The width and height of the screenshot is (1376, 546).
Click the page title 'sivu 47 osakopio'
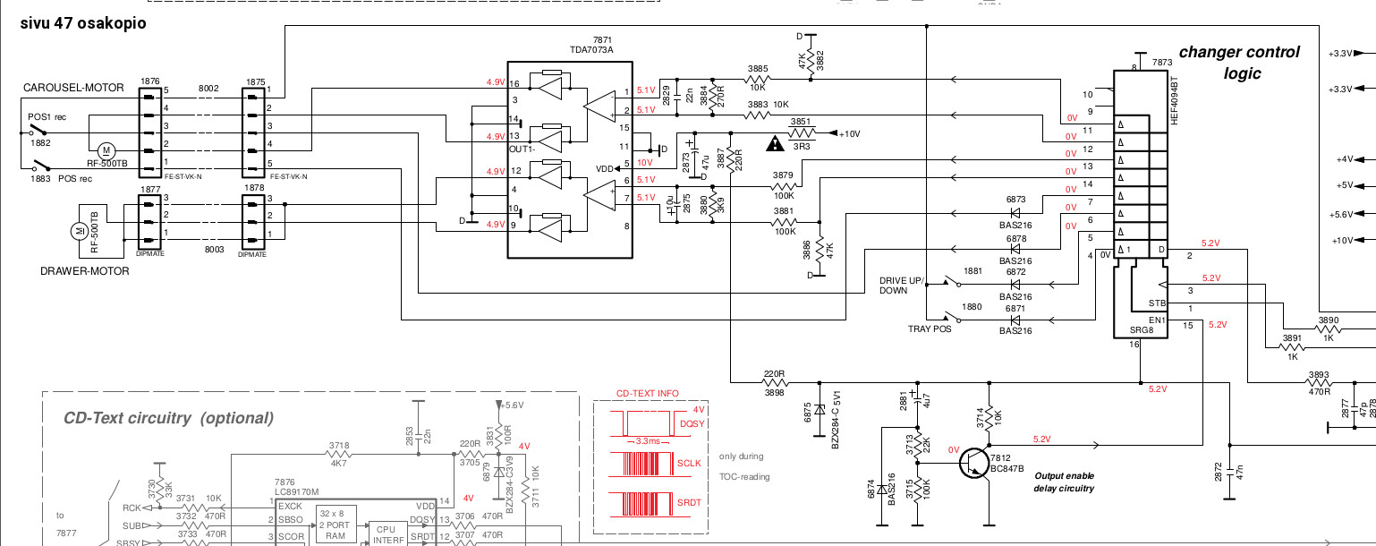pyautogui.click(x=83, y=23)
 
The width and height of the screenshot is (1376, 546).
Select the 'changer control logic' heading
pyautogui.click(x=1238, y=63)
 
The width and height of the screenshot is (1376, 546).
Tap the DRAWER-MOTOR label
pyautogui.click(x=85, y=271)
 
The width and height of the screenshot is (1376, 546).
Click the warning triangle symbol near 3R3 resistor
pyautogui.click(x=773, y=141)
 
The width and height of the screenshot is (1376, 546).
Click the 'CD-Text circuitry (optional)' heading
pyautogui.click(x=168, y=418)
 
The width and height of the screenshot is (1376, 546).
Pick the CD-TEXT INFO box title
pyautogui.click(x=647, y=393)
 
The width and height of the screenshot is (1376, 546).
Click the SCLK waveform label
pyautogui.click(x=689, y=464)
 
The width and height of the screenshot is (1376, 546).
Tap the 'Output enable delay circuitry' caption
pyautogui.click(x=1064, y=482)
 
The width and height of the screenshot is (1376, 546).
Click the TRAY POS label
pyautogui.click(x=928, y=328)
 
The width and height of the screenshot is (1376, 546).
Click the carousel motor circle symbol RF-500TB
pyautogui.click(x=106, y=149)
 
